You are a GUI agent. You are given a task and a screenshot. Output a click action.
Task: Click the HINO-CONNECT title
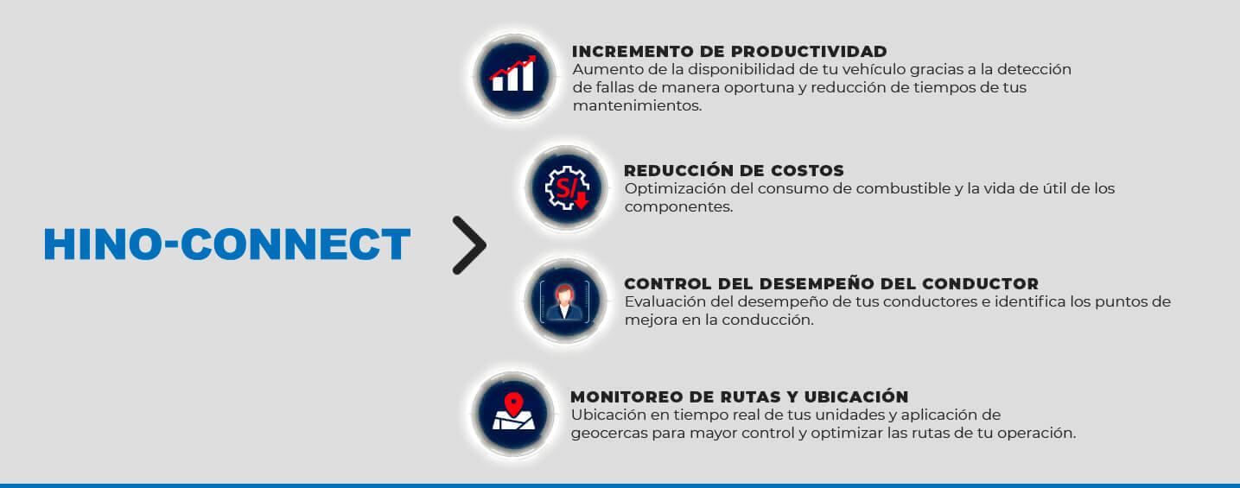tap(227, 244)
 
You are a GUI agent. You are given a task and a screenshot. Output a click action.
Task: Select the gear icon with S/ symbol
tap(566, 188)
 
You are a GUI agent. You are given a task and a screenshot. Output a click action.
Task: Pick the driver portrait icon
tap(565, 301)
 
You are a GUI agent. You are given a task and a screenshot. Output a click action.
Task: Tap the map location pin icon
tap(513, 414)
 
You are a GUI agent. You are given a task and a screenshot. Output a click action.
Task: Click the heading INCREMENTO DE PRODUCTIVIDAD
tap(729, 52)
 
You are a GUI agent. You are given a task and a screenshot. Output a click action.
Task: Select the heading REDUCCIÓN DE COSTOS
tap(734, 170)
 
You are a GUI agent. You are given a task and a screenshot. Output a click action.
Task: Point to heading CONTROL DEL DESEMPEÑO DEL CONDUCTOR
tap(831, 283)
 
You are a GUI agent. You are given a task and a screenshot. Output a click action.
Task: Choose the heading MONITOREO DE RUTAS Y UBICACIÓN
tap(740, 396)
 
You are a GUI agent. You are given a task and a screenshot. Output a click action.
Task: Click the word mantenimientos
tap(637, 105)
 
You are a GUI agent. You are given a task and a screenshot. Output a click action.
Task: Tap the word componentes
tap(678, 207)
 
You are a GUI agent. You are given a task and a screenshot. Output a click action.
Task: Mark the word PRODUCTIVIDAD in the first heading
tap(809, 52)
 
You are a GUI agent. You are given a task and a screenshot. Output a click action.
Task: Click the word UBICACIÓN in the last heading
tap(856, 396)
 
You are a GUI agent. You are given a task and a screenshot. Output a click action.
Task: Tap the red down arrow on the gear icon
tap(582, 200)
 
